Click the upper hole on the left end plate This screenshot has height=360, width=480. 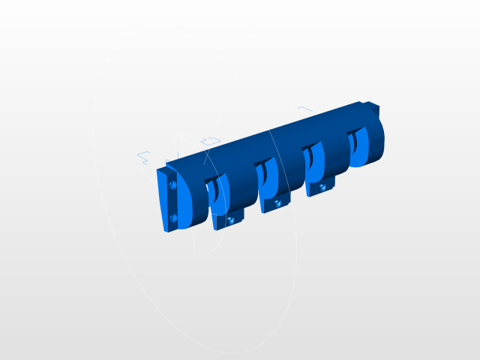click(x=172, y=184)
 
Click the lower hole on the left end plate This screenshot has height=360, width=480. click(x=172, y=217)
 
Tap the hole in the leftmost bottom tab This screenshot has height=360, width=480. click(x=230, y=220)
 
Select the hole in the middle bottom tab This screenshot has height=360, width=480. click(x=277, y=202)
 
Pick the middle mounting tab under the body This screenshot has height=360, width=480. click(x=273, y=204)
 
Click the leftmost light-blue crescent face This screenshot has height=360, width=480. click(x=218, y=190)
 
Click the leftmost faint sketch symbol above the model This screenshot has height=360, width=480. click(x=143, y=157)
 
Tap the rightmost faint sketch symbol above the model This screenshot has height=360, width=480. click(x=304, y=109)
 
